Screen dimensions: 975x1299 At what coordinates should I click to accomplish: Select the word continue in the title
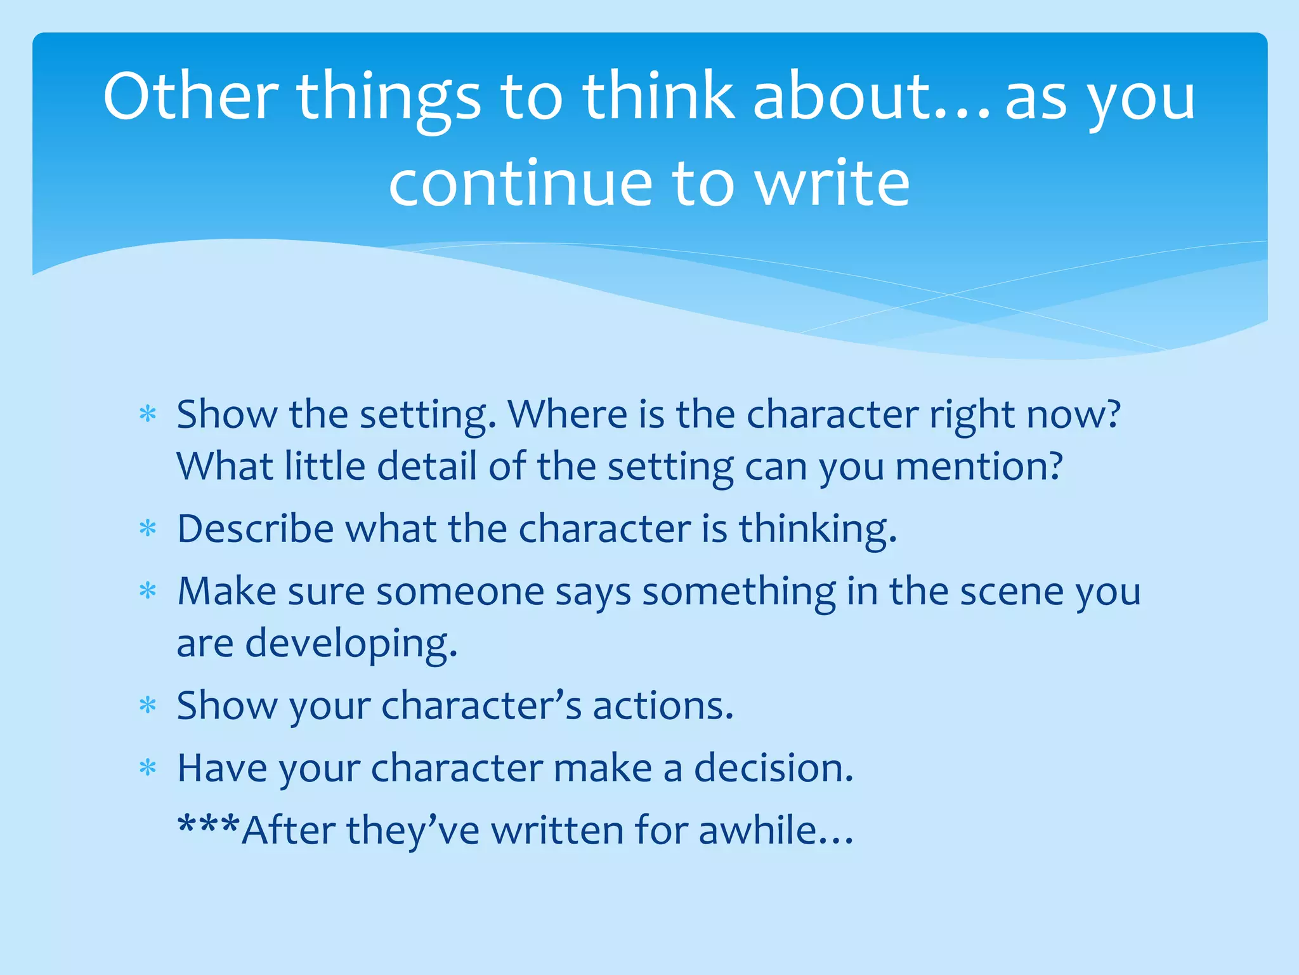click(520, 184)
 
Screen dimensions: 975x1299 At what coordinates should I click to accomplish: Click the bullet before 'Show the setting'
click(148, 415)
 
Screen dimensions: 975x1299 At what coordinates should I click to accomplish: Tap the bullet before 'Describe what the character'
click(148, 528)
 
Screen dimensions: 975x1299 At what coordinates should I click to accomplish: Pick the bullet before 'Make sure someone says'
click(148, 591)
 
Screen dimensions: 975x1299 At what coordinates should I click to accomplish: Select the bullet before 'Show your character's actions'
click(148, 705)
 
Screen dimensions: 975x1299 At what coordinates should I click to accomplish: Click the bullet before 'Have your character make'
click(148, 767)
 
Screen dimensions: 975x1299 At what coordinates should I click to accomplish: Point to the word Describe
click(255, 528)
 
